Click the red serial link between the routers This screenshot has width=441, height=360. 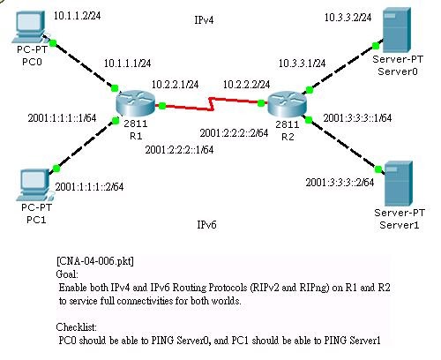tap(213, 108)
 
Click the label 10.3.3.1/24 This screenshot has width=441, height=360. tap(302, 64)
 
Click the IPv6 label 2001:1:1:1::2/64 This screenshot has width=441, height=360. tap(89, 186)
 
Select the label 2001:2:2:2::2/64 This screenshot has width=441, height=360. tap(233, 133)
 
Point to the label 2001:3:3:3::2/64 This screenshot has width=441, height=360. tap(340, 183)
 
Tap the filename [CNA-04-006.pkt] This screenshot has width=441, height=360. tap(95, 262)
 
